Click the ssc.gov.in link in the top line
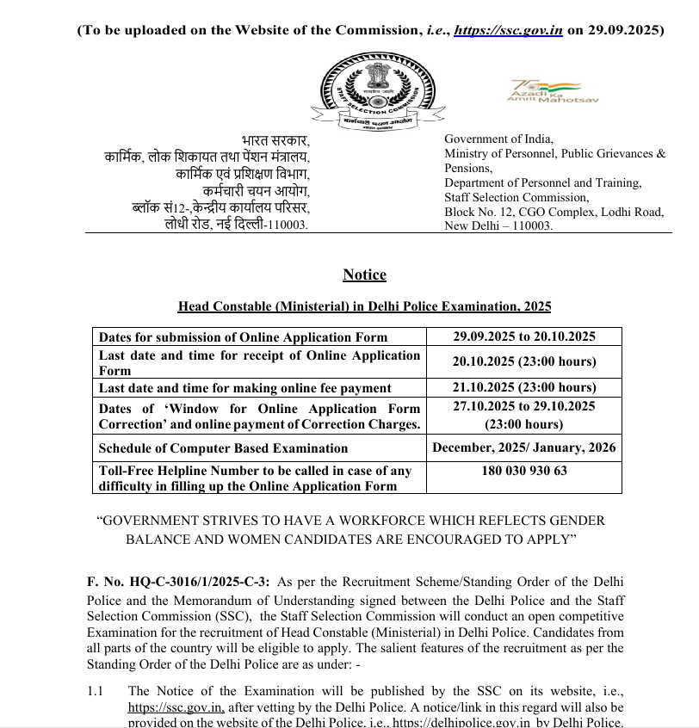point(508,29)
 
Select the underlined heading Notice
point(364,275)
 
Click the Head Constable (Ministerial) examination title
point(364,306)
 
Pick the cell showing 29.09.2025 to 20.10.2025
point(524,336)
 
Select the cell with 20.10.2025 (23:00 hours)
point(524,361)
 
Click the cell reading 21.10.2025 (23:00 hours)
point(524,387)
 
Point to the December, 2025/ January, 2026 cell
point(524,447)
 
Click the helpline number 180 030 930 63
point(524,471)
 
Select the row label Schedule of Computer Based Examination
point(223,448)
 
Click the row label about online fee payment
point(245,388)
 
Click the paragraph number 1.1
point(96,691)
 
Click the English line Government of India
point(498,139)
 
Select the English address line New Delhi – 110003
point(498,225)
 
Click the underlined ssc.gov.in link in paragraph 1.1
point(176,707)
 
